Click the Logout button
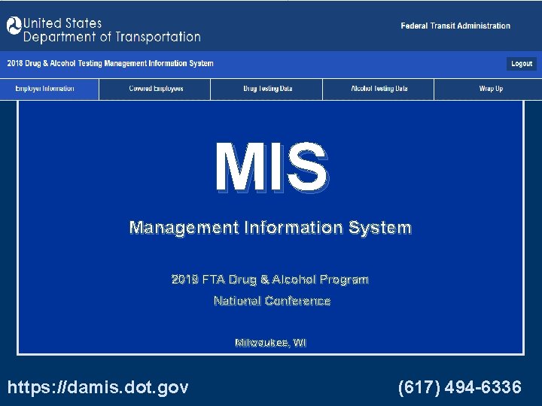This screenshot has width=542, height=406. click(522, 64)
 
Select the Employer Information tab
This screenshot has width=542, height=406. click(45, 89)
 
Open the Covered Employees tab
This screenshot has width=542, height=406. click(156, 89)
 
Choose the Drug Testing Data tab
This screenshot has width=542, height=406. click(267, 89)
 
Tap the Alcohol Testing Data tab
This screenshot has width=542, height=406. click(379, 89)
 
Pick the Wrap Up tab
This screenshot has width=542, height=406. click(491, 89)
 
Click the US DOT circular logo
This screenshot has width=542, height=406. click(14, 26)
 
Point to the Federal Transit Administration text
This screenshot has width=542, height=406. click(455, 26)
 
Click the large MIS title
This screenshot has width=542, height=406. click(271, 168)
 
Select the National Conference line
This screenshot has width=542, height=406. click(272, 301)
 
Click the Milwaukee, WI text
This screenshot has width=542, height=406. click(270, 343)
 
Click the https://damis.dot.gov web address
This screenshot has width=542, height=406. click(98, 387)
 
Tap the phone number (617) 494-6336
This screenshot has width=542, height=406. click(459, 387)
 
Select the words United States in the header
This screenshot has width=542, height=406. click(62, 23)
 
